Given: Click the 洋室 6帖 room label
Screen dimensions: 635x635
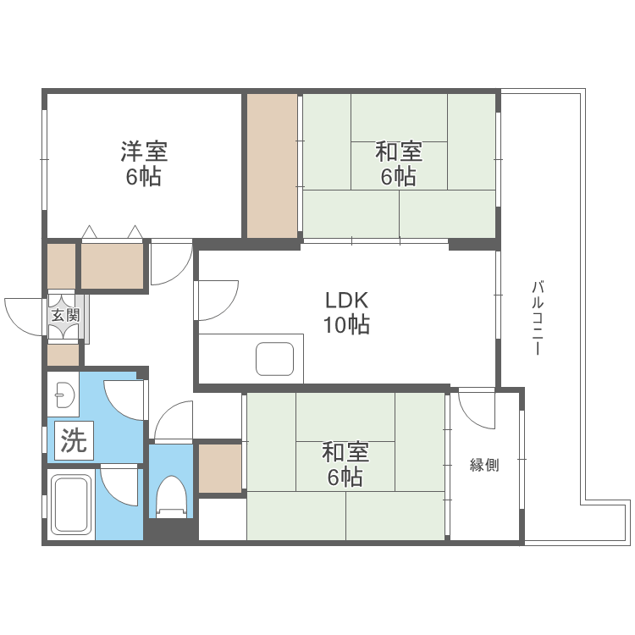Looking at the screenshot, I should tap(143, 164).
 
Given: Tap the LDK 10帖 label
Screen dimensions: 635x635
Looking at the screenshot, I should tap(346, 312).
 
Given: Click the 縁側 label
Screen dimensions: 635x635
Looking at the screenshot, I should tap(484, 465).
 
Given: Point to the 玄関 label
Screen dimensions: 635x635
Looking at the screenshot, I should tap(64, 316).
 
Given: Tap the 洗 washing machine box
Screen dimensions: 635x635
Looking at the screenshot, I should tap(74, 441).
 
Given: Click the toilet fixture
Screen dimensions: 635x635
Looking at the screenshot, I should tap(172, 495).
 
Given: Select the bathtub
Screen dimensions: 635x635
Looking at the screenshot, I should tap(71, 505).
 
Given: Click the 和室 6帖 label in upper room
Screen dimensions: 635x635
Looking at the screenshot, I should tap(399, 164).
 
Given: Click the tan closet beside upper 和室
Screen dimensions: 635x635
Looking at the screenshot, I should tap(272, 166).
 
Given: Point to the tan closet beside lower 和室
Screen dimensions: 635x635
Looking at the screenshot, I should tap(220, 468).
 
